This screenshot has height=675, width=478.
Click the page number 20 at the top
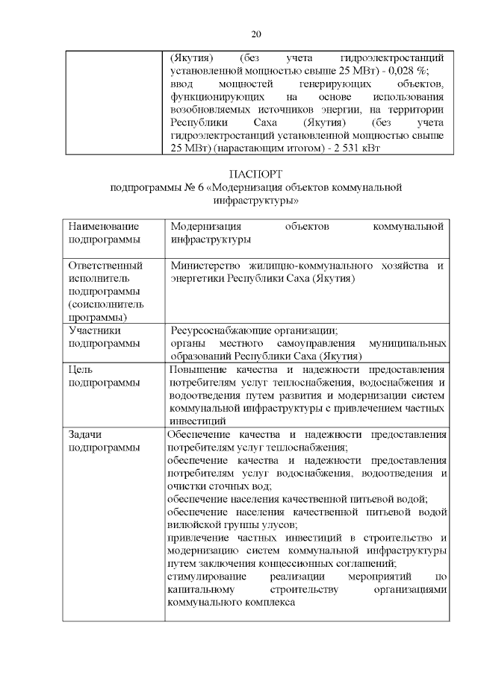click(257, 34)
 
